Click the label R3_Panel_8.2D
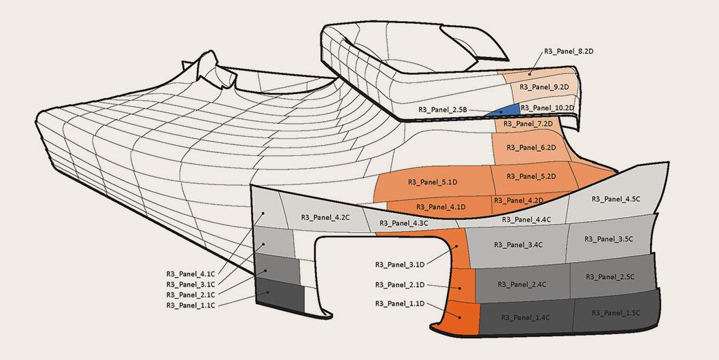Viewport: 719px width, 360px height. (x=569, y=51)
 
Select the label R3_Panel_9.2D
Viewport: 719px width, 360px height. (x=544, y=87)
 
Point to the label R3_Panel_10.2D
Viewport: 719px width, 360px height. (x=547, y=108)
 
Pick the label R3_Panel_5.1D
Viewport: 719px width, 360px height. (x=432, y=182)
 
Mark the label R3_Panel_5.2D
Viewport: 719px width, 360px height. (x=533, y=177)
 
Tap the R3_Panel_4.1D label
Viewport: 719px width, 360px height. (x=441, y=207)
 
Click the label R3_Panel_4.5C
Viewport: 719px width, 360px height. (x=616, y=199)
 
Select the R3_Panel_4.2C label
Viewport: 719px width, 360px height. (x=325, y=218)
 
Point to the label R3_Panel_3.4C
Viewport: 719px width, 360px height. (x=518, y=244)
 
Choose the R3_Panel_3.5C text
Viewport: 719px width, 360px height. (x=609, y=239)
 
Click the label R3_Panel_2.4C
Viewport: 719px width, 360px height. (x=522, y=284)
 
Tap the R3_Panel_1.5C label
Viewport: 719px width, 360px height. (x=616, y=312)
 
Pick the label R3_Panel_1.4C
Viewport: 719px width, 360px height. (x=525, y=318)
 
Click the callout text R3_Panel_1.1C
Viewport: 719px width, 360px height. (x=190, y=306)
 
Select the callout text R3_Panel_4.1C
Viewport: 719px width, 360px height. (x=190, y=274)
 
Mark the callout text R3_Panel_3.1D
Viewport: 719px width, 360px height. (x=399, y=264)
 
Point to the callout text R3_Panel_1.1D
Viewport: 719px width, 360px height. (x=399, y=305)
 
